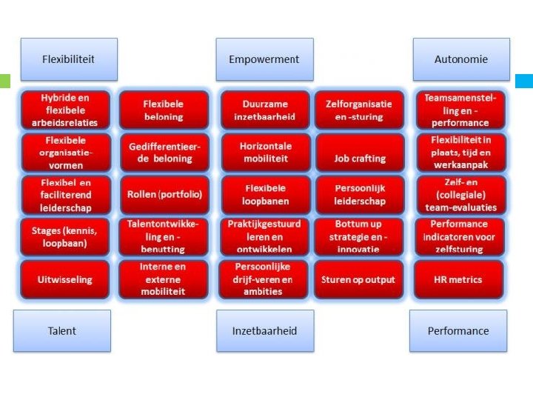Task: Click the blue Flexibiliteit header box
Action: click(x=68, y=59)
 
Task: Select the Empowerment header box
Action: click(x=264, y=59)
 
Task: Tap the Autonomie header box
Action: click(x=461, y=59)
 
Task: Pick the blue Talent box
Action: click(x=62, y=330)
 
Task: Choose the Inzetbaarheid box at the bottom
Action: click(x=264, y=330)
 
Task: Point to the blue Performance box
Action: click(x=458, y=330)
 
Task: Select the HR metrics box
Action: click(x=459, y=279)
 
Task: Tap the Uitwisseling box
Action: click(x=65, y=279)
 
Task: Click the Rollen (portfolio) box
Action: click(x=164, y=194)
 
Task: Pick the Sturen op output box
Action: click(x=358, y=279)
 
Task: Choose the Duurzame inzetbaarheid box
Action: click(x=265, y=110)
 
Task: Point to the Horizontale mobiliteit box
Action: click(x=265, y=153)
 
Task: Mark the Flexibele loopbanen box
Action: click(x=265, y=194)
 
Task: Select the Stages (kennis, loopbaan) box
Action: click(x=65, y=236)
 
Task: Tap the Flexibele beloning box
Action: click(x=164, y=110)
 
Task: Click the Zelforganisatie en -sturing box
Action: click(x=358, y=110)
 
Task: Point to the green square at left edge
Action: click(x=4, y=81)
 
